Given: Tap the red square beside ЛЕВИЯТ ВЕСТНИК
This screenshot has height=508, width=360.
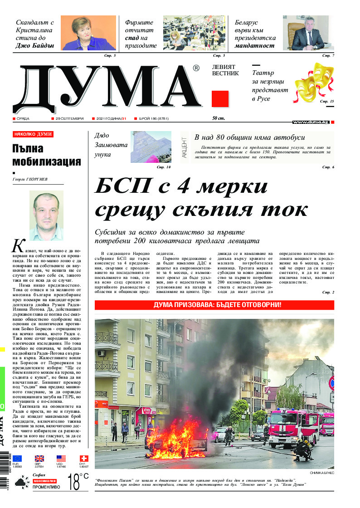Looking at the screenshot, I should [220, 98].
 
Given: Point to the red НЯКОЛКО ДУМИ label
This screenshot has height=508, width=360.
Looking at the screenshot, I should [33, 134].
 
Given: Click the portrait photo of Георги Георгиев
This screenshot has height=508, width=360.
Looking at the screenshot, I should [46, 215].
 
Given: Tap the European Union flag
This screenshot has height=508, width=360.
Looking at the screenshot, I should [17, 459].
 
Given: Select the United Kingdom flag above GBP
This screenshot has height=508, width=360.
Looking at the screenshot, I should [39, 459].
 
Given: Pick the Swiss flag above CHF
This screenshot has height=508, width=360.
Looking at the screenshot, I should [84, 459].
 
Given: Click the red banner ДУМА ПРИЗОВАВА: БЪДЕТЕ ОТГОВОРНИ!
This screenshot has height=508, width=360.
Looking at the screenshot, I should [214, 305].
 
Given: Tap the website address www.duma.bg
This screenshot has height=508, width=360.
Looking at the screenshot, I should [311, 122].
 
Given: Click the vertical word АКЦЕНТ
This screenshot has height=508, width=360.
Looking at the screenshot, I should [184, 147].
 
